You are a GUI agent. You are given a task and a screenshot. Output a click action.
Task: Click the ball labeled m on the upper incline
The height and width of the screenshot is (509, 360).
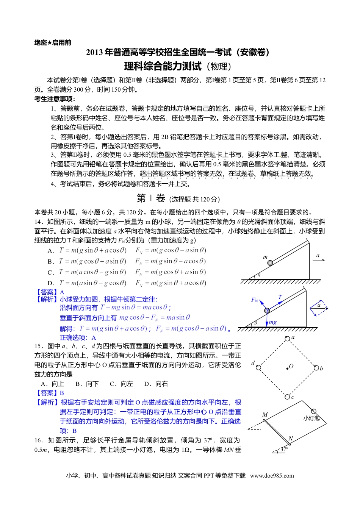pos(270,263)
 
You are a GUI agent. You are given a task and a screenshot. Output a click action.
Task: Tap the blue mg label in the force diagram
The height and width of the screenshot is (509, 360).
pos(273,322)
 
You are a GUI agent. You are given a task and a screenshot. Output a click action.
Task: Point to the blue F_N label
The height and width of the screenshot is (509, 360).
pos(255,300)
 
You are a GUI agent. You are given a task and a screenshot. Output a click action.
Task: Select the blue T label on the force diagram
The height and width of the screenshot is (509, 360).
pos(280,297)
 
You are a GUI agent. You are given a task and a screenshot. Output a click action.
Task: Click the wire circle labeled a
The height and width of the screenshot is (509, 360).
pos(288,339)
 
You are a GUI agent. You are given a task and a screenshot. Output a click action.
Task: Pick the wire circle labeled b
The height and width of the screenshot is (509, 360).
pos(316,368)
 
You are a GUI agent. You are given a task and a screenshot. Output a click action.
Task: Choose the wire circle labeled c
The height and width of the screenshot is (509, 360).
pos(287,397)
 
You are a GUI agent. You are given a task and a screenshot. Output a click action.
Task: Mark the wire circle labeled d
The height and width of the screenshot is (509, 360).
pos(258,367)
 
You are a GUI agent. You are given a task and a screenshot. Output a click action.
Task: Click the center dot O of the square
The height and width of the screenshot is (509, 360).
pos(287,367)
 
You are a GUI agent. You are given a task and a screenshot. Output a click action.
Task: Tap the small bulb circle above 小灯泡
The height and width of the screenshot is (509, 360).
pos(314,411)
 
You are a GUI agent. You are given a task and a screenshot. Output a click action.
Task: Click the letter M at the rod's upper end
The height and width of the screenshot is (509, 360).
pos(265,415)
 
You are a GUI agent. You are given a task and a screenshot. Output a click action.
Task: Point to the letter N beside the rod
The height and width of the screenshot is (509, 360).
pos(291,439)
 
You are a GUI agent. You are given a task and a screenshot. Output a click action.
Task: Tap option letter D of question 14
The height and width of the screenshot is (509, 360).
pos(50,283)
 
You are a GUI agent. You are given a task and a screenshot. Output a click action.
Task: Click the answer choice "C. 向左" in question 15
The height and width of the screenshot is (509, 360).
pos(121,384)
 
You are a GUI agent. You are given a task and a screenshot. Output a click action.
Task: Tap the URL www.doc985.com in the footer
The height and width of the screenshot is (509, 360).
pos(272,476)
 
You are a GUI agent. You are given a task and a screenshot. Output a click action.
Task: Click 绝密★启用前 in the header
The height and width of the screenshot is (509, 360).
pos(53,43)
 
